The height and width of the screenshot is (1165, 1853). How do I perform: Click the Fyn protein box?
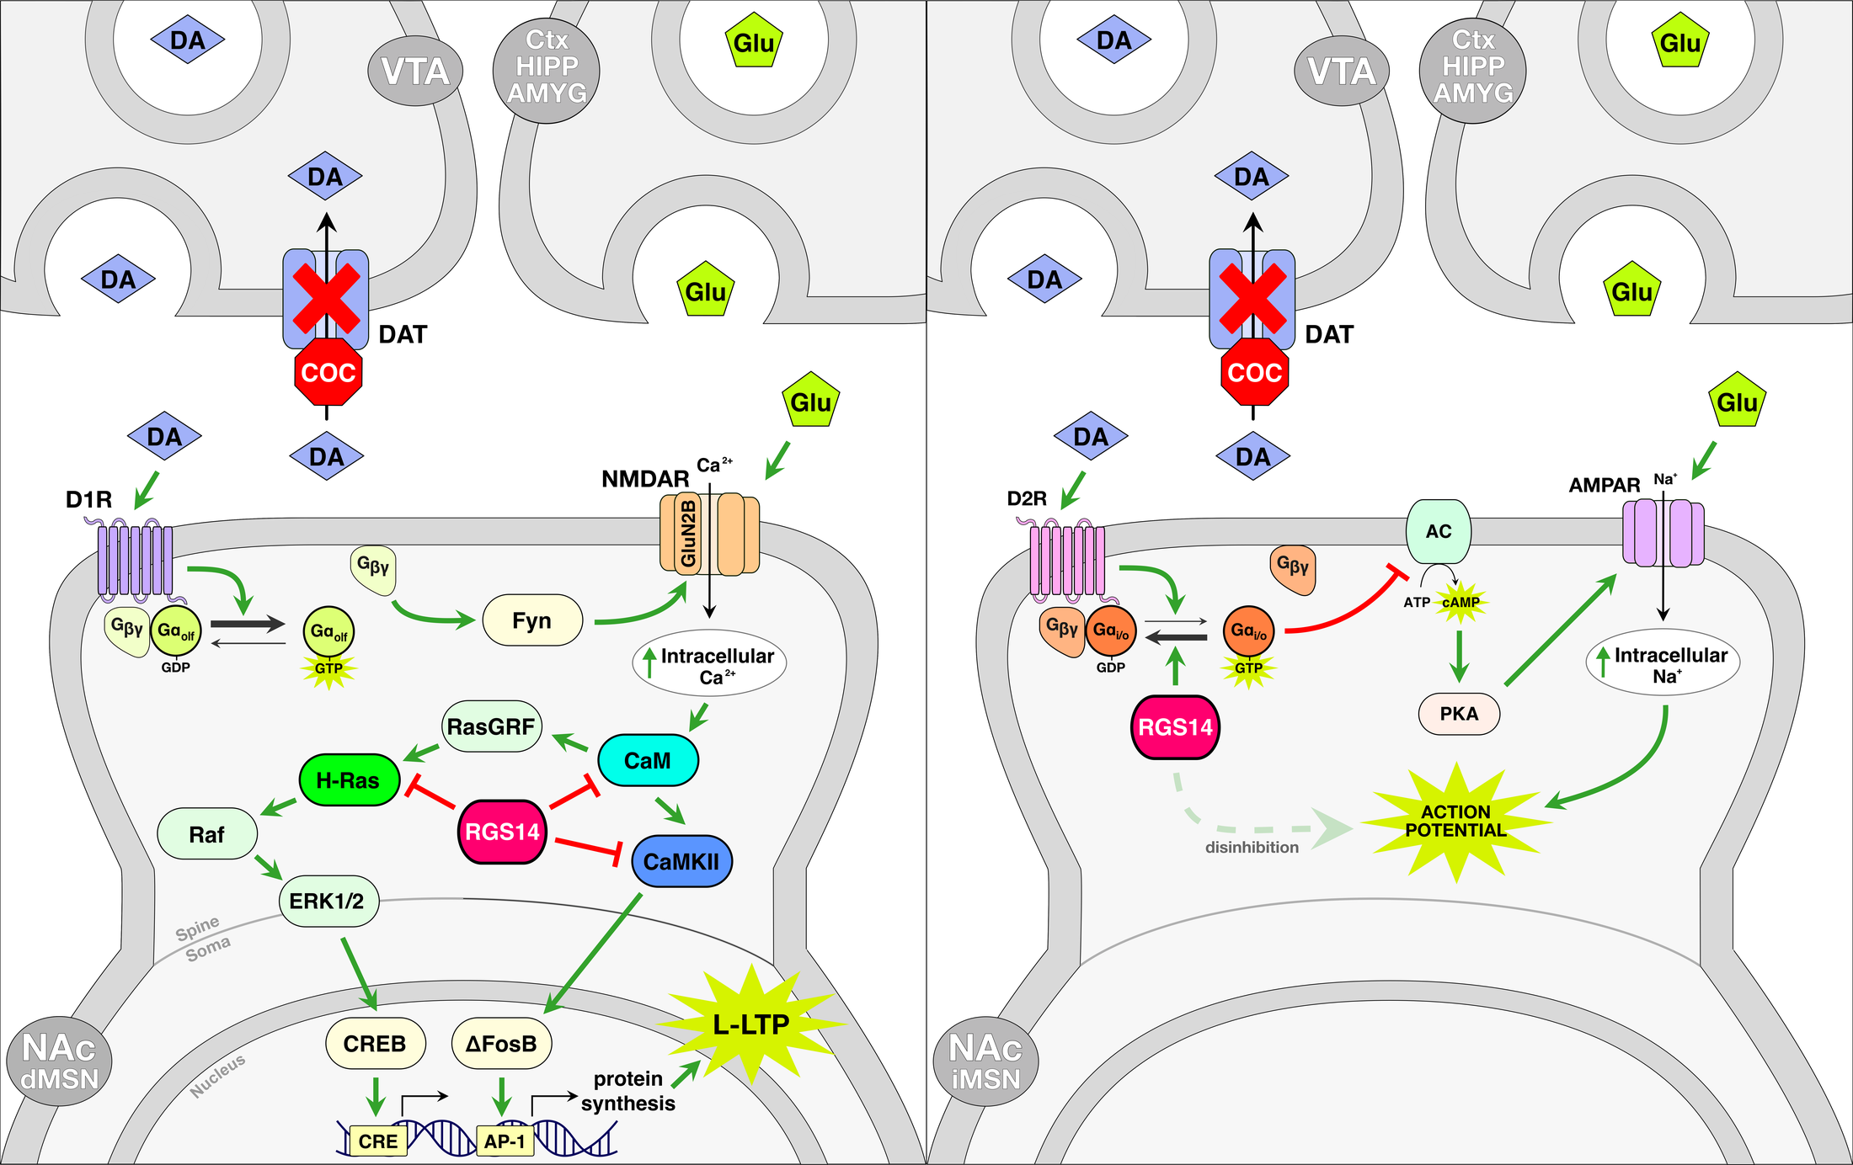click(x=532, y=620)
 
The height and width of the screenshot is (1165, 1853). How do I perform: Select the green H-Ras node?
click(x=349, y=780)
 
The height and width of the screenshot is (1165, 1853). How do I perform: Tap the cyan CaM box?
click(x=648, y=760)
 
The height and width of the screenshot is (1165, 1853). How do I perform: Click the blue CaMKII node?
click(x=681, y=861)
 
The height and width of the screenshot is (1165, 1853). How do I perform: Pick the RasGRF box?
click(x=491, y=726)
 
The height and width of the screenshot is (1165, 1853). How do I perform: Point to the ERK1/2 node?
click(x=328, y=901)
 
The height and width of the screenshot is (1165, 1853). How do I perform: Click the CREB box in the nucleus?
click(x=375, y=1044)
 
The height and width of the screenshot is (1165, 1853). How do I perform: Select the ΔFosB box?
click(x=501, y=1044)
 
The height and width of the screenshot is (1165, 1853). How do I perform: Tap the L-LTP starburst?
click(x=751, y=1024)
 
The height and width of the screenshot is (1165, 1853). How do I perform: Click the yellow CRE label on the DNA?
click(x=378, y=1141)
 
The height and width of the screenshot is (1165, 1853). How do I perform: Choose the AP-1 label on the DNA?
click(x=505, y=1141)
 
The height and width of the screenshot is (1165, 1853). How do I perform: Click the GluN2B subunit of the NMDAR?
click(x=688, y=534)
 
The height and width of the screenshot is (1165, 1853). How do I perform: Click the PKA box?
click(x=1459, y=714)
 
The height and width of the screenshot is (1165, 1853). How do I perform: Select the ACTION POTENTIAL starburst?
click(x=1455, y=822)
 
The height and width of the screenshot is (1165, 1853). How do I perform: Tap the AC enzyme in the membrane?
click(x=1439, y=531)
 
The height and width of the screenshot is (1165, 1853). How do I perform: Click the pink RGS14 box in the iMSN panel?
click(x=1175, y=727)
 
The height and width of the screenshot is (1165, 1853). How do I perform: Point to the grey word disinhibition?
click(x=1252, y=848)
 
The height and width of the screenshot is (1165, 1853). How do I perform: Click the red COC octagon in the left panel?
click(x=328, y=372)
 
